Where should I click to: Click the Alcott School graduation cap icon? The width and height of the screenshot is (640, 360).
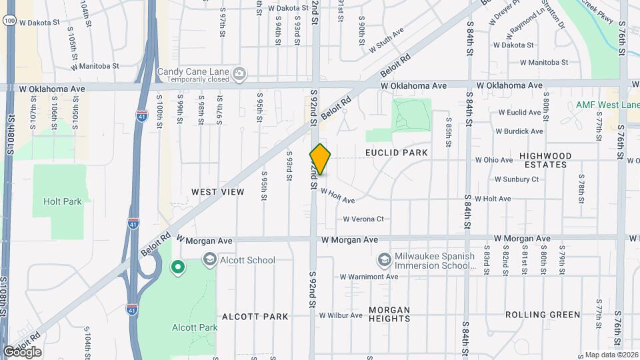(209, 259)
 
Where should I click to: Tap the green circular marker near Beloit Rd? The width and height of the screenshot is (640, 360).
(178, 268)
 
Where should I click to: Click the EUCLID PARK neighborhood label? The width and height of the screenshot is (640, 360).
(396, 153)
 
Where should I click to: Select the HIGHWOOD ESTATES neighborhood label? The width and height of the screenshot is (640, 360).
(545, 160)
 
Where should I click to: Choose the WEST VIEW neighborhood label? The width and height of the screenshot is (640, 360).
(217, 192)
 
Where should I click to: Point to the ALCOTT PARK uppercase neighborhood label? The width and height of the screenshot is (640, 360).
(255, 317)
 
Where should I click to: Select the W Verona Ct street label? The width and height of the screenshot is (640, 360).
(363, 219)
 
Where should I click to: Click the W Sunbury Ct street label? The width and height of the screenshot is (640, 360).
(516, 179)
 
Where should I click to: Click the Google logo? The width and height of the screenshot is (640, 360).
(22, 352)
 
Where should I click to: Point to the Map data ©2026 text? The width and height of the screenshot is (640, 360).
(611, 355)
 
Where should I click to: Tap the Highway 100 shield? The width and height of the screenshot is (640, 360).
(8, 21)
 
